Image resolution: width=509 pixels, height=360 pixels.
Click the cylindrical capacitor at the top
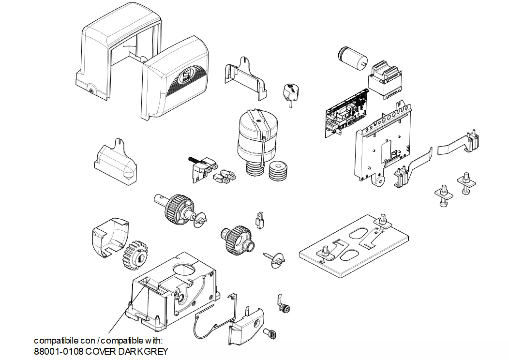353,59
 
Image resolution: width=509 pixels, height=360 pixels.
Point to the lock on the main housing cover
91,90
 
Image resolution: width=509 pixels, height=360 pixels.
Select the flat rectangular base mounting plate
354,246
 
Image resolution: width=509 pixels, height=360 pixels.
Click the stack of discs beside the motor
278,171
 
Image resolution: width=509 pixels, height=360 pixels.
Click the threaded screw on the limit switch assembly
194,160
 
